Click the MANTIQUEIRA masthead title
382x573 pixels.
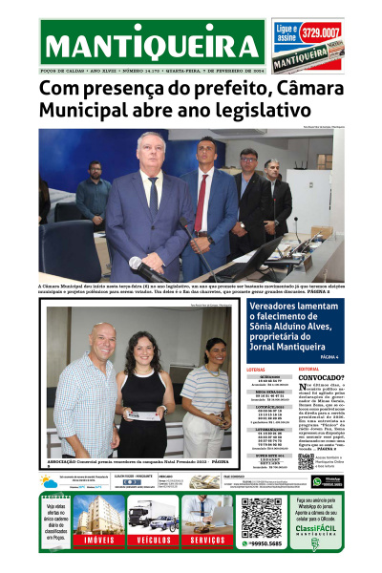click(x=153, y=45)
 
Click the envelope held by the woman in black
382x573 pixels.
click(x=143, y=414)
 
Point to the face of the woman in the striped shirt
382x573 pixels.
click(x=216, y=352)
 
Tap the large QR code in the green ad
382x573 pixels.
click(x=261, y=517)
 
